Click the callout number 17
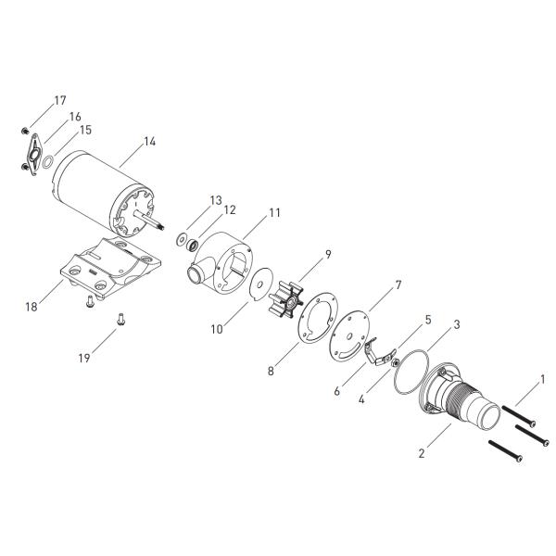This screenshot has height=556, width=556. (60, 101)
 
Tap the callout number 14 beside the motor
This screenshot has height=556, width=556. (149, 142)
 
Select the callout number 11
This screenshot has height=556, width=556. (274, 213)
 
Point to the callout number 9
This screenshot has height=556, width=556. (328, 254)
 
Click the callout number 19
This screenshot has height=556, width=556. (84, 358)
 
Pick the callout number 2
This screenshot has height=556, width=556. (422, 453)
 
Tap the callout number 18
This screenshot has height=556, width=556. (32, 307)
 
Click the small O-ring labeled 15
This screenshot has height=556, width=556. (44, 162)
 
